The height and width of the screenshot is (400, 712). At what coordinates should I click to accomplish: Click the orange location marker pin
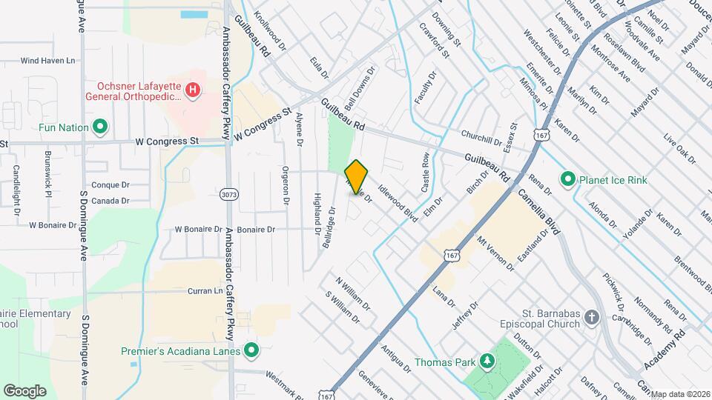click(x=356, y=176)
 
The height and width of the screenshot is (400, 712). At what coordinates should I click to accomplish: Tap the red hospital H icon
click(x=193, y=90)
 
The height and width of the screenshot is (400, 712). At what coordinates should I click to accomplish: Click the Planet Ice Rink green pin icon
click(x=568, y=179)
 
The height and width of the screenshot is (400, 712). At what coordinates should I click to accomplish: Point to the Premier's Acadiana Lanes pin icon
click(x=251, y=350)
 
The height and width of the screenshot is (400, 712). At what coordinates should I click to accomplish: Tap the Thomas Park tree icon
click(x=487, y=361)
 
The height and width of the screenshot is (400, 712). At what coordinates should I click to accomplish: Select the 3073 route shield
click(x=230, y=194)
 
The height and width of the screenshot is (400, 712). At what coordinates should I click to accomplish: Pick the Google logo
click(x=25, y=390)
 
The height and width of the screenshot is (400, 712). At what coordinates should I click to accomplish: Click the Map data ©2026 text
click(x=679, y=394)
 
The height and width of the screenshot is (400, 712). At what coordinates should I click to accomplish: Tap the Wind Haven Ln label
click(x=48, y=61)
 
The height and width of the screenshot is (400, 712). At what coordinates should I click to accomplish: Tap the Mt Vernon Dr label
click(x=495, y=253)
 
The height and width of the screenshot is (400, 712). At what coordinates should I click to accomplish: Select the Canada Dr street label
click(x=110, y=201)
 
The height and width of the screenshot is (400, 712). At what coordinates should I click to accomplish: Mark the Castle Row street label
click(x=426, y=173)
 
